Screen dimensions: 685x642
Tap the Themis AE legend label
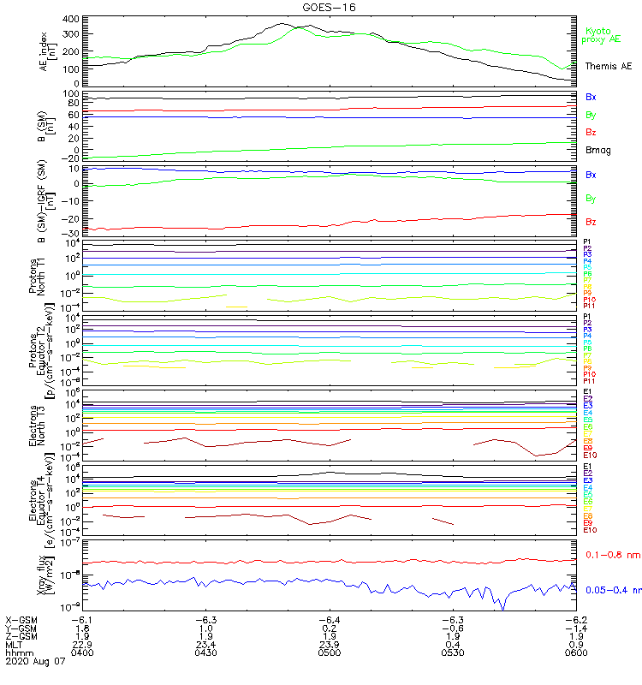609,66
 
